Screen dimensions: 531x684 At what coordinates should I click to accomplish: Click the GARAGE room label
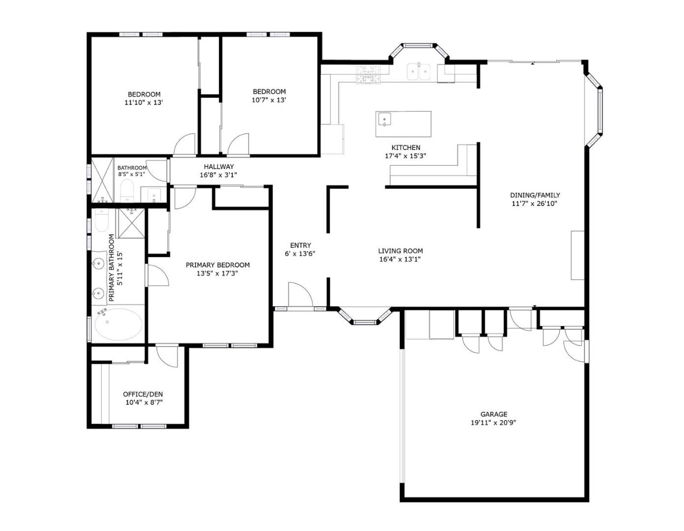[493, 414]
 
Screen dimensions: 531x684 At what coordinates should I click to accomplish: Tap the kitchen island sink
[384, 119]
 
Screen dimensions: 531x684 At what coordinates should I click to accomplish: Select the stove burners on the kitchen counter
[368, 74]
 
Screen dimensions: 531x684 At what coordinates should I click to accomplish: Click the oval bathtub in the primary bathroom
[118, 324]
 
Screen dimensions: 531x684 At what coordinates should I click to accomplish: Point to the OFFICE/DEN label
[143, 394]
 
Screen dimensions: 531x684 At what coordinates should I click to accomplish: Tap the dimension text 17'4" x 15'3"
[405, 156]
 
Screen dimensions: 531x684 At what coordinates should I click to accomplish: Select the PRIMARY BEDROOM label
[217, 265]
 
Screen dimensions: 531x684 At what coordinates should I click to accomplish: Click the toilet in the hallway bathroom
[127, 191]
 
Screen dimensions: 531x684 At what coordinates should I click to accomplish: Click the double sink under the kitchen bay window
[418, 72]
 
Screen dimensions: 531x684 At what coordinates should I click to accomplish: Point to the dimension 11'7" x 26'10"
[534, 203]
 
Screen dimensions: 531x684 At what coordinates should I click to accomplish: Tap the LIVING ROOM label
[400, 251]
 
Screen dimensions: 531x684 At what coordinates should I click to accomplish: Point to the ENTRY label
[300, 245]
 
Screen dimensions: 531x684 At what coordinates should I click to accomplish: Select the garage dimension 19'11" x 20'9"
[493, 422]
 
